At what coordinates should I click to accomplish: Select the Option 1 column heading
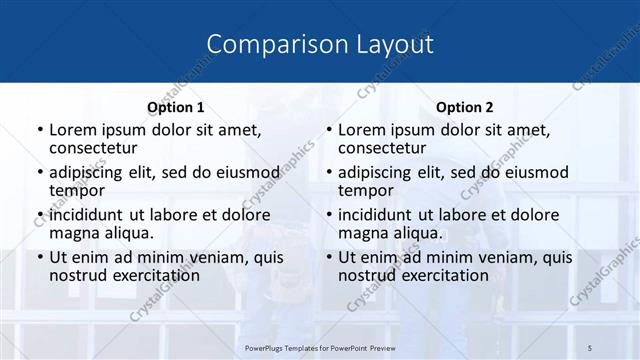[x=175, y=107]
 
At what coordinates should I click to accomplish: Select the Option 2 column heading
[x=465, y=107]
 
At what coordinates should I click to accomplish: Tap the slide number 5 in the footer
[x=590, y=345]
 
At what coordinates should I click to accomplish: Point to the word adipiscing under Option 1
[x=91, y=172]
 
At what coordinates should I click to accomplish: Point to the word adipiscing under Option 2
[x=380, y=172]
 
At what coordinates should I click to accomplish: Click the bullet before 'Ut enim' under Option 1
[x=39, y=257]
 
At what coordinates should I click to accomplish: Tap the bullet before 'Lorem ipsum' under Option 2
[x=328, y=130]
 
